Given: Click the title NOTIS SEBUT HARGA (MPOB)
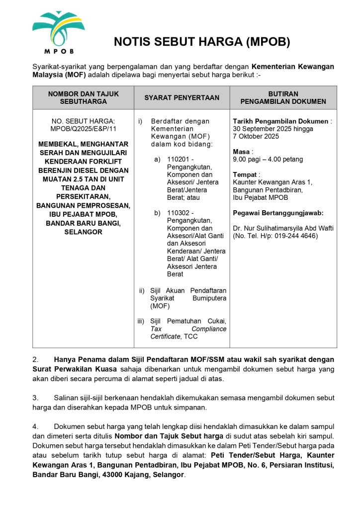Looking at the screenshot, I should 201,42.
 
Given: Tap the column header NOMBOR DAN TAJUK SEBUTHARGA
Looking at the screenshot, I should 83,97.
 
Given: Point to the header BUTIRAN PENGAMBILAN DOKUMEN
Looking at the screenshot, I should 283,97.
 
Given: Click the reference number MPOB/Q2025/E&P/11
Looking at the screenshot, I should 83,129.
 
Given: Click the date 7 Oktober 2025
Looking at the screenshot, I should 256,136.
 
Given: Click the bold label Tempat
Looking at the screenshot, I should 245,174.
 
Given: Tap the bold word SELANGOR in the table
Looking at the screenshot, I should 83,232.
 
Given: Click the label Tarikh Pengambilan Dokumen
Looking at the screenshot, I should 280,121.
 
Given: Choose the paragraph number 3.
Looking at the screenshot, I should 35,398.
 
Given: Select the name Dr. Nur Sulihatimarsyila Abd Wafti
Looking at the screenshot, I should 283,228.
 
